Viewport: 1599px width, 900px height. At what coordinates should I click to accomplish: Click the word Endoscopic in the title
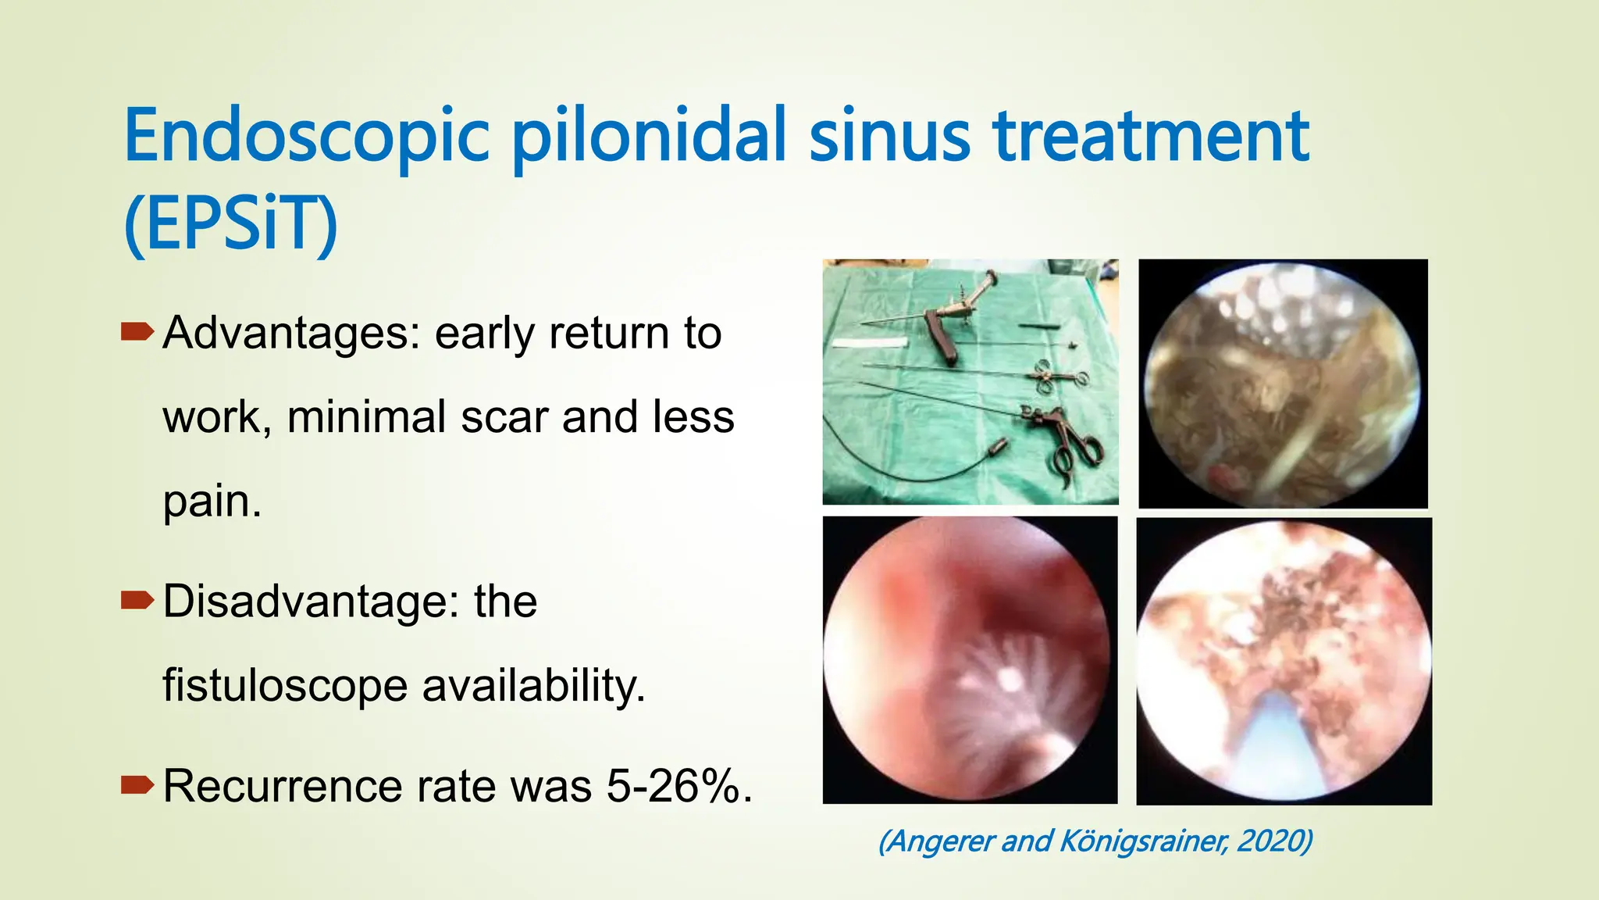pyautogui.click(x=306, y=137)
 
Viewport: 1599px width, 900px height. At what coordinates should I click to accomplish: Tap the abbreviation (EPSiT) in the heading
pyautogui.click(x=230, y=224)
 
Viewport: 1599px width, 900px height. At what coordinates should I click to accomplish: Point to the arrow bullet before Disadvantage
pyautogui.click(x=137, y=601)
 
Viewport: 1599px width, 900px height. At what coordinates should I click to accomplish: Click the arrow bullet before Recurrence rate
pyautogui.click(x=137, y=785)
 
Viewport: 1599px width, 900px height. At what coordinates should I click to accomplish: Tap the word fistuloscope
pyautogui.click(x=285, y=686)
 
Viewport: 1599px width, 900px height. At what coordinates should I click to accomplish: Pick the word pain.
pyautogui.click(x=211, y=501)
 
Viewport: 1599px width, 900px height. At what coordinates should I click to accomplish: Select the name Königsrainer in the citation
pyautogui.click(x=1145, y=841)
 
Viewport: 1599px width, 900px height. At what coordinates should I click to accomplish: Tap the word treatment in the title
pyautogui.click(x=1151, y=137)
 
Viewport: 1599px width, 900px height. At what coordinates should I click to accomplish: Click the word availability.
pyautogui.click(x=533, y=686)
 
